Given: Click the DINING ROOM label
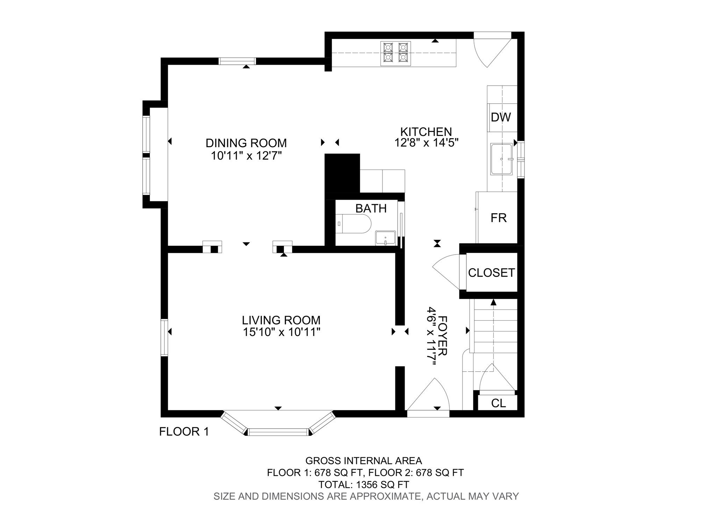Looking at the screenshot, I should click(x=246, y=143).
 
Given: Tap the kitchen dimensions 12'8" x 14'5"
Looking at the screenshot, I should click(x=426, y=143).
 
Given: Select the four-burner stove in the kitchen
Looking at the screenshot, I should click(x=395, y=54).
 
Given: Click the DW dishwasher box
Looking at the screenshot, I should click(x=501, y=117).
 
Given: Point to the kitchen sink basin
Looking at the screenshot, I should click(x=501, y=159).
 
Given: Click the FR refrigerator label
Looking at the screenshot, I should click(x=498, y=218).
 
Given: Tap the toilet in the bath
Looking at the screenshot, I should click(x=353, y=224).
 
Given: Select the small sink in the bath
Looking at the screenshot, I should click(x=385, y=238).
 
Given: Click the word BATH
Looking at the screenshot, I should click(x=371, y=208).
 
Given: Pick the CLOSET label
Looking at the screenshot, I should click(x=491, y=273).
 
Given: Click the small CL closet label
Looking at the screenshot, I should click(x=498, y=403).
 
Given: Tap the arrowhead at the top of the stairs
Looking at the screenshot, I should click(x=493, y=302).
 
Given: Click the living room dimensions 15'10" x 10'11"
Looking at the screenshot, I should click(x=281, y=332).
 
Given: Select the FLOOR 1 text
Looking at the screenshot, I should click(x=184, y=432).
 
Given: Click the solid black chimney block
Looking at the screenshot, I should click(x=342, y=173).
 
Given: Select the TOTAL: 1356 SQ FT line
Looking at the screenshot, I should click(x=364, y=485).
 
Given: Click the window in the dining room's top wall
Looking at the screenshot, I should click(x=237, y=61).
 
